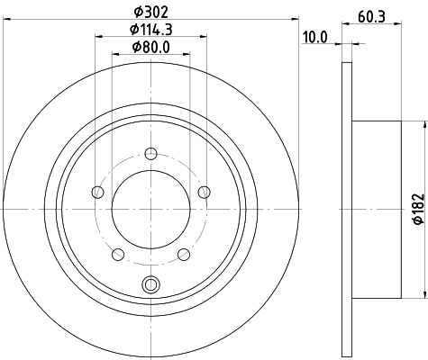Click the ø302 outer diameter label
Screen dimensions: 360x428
coord(150,12)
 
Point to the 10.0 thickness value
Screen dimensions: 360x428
coord(314,37)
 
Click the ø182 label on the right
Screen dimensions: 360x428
coord(417,207)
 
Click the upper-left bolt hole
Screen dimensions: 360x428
coord(96,191)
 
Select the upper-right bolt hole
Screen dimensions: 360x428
coord(204,191)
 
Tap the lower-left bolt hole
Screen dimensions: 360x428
coord(117,254)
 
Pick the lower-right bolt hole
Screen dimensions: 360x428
coord(184,254)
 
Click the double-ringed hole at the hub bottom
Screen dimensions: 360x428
coord(150,286)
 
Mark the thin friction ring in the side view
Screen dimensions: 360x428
coord(347,209)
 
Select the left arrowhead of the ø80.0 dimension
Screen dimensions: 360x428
coord(114,56)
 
